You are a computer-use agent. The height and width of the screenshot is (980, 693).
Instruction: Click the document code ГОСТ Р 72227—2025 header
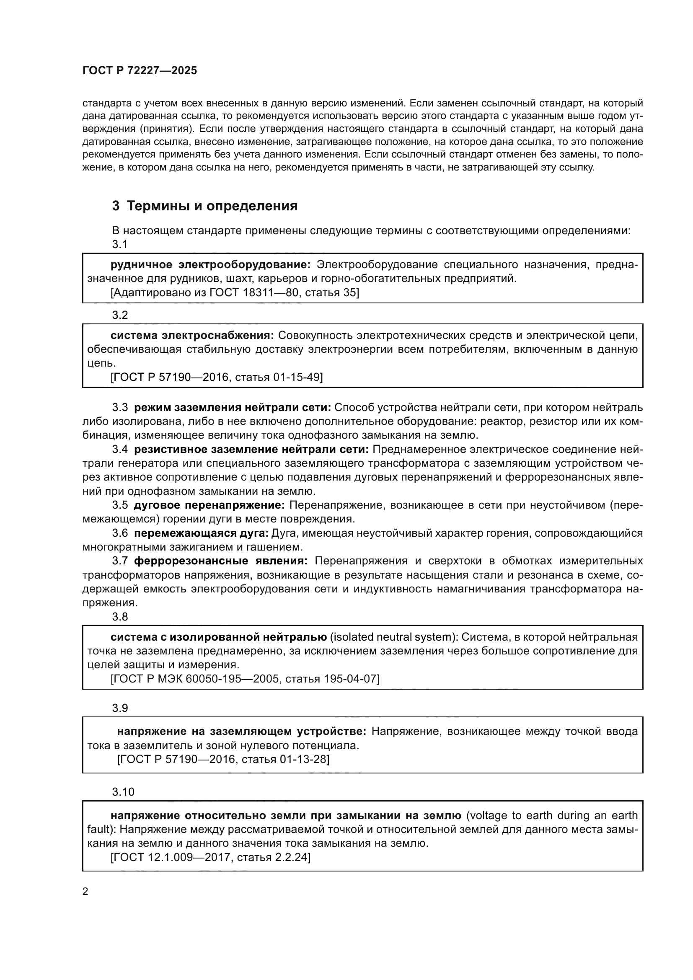140,71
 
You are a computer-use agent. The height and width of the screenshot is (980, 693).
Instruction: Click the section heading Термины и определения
212,206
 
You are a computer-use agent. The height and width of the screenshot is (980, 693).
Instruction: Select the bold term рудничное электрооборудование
211,265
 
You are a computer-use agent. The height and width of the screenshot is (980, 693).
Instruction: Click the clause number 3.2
120,315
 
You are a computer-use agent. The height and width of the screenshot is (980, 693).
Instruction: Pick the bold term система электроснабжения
191,336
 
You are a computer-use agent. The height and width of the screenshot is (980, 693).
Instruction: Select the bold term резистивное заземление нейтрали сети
251,449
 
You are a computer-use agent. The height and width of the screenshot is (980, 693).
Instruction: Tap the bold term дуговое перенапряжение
209,505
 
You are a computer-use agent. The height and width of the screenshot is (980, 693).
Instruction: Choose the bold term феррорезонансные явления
221,561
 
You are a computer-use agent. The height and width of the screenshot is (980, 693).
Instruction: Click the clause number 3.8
120,617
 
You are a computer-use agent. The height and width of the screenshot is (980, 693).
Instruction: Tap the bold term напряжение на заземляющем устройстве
241,732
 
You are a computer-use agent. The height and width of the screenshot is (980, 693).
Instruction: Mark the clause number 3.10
123,792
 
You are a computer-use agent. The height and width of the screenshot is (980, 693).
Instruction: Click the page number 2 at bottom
85,892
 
